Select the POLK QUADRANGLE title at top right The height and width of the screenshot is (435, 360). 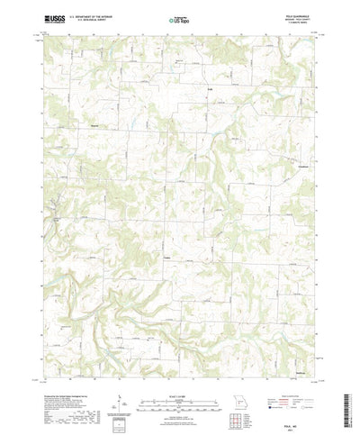[298, 13]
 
